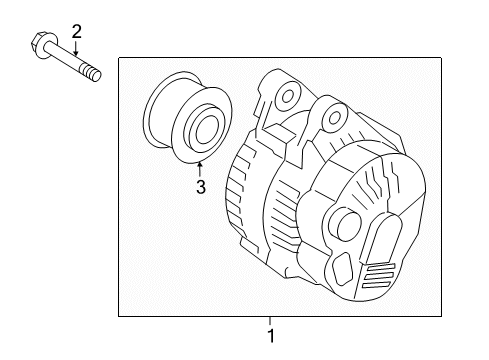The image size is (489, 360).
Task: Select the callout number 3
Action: coord(199,185)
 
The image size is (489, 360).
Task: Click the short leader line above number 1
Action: coord(269,323)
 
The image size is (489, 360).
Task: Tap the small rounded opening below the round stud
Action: coord(342,267)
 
